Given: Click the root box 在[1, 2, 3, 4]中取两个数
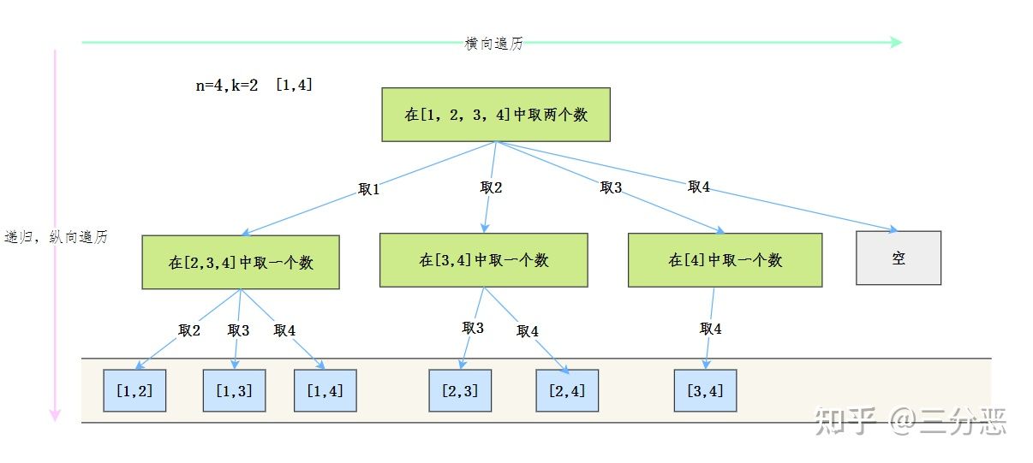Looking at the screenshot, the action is coord(496,115).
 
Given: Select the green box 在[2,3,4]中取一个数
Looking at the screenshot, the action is coord(241,262).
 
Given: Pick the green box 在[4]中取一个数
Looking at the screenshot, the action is coord(725,260).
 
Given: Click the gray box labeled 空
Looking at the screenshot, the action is coord(899,258).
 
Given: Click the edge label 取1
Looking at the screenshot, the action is coord(369,189).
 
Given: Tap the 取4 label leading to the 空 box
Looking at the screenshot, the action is coord(699,187).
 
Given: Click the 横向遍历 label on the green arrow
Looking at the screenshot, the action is coord(494,44).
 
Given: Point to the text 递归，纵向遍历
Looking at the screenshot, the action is coord(56,237).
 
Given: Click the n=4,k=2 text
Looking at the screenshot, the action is coord(226,86).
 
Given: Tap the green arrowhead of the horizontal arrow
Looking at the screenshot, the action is coord(896,43).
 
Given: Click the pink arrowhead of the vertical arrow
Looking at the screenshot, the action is coord(55,416).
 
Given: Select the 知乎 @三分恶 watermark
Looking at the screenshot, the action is coord(911,420).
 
